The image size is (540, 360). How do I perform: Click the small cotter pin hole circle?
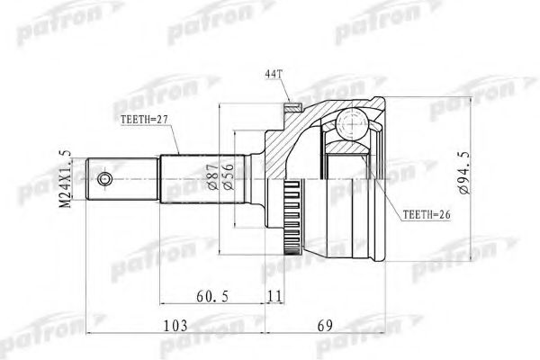(106, 180)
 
